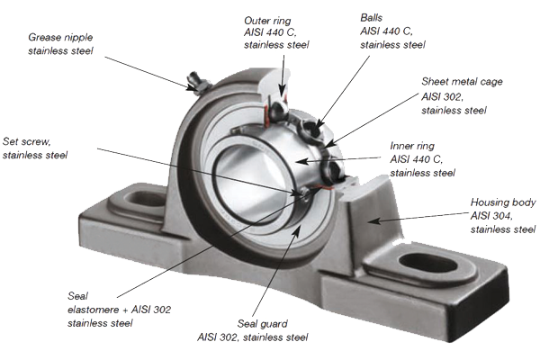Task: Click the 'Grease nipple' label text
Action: point(60,37)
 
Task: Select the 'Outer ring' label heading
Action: point(267,21)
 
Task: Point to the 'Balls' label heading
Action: point(371,18)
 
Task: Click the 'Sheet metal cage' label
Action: point(462,82)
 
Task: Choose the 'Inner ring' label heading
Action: point(412,146)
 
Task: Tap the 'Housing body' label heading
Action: point(503,202)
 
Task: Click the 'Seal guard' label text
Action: point(263,324)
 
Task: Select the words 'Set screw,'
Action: point(26,141)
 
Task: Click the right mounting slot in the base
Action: point(428,264)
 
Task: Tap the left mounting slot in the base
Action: point(145,199)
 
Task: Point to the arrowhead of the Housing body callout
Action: point(374,220)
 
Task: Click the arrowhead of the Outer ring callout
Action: point(282,92)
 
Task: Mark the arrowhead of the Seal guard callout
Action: point(297,229)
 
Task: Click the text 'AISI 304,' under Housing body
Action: point(491,216)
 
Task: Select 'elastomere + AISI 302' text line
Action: point(119,310)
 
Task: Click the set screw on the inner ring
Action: point(304,193)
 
